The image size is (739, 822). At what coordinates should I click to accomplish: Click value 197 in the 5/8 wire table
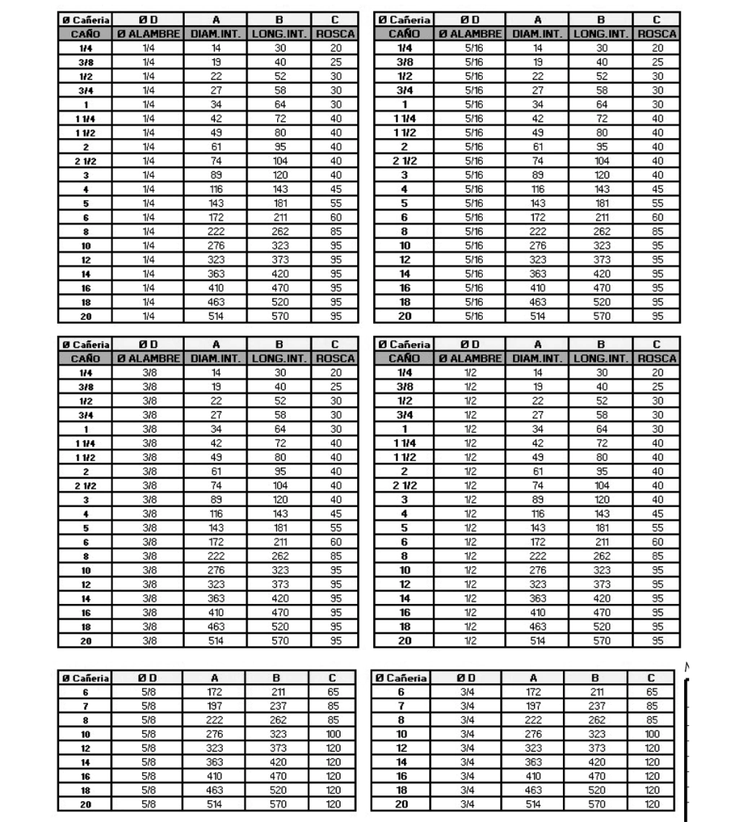click(x=215, y=704)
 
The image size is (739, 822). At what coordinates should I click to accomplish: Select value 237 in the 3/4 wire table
click(x=595, y=704)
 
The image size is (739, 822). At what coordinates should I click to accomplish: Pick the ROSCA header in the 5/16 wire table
click(x=657, y=34)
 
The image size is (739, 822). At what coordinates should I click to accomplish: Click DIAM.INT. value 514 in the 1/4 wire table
click(x=215, y=316)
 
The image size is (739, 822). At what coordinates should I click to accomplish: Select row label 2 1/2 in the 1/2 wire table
click(x=404, y=488)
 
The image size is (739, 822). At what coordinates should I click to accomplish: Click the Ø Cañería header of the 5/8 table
click(x=84, y=678)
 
